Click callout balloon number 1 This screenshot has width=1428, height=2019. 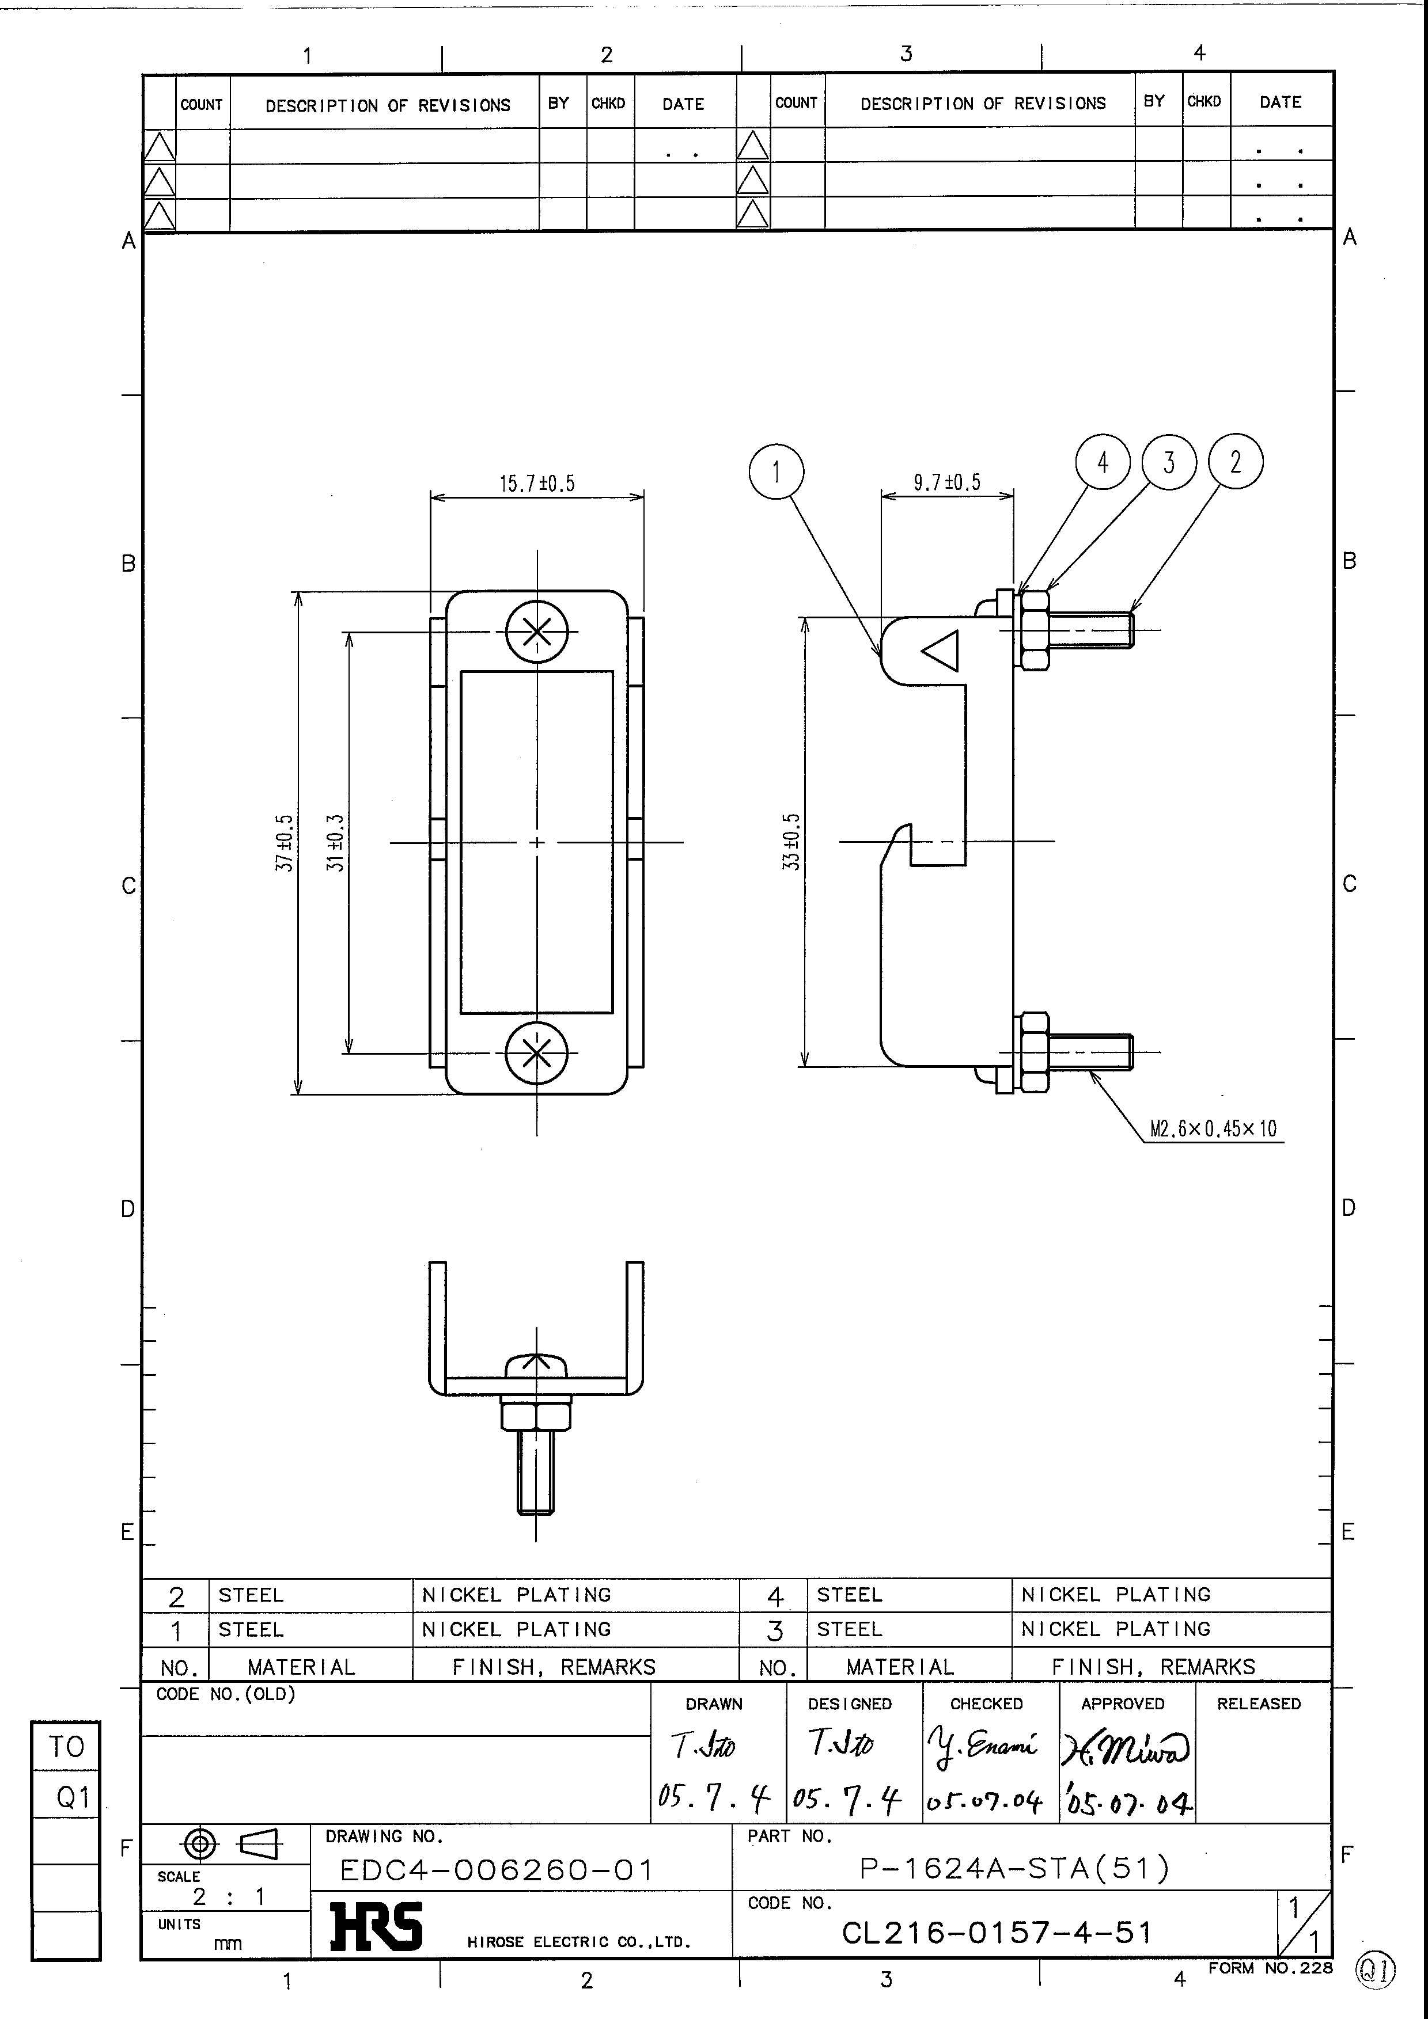coord(776,472)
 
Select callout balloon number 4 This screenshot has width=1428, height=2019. coord(1103,462)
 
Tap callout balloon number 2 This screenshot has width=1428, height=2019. coord(1235,462)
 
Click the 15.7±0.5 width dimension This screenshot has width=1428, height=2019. coord(537,484)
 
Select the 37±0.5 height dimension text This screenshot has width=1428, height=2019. coord(284,842)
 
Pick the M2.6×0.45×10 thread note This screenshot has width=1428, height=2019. coord(1213,1128)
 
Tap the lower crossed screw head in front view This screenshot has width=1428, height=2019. coord(537,1052)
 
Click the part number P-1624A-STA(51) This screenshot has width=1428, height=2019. coord(1014,1868)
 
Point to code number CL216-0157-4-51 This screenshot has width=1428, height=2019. coord(996,1933)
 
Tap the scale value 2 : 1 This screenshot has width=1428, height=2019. coord(229,1897)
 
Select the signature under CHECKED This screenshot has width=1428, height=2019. coord(982,1746)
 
